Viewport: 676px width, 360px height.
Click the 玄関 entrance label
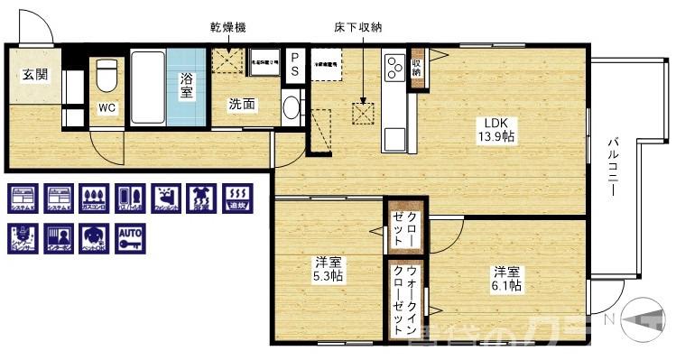[30, 73]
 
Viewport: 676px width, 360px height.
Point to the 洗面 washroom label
[241, 105]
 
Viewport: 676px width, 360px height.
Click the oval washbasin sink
[291, 108]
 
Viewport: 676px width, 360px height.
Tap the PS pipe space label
[295, 65]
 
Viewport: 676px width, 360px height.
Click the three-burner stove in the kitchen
[394, 66]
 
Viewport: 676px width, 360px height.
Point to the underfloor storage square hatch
[364, 113]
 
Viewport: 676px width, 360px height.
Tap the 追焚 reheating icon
[236, 198]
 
